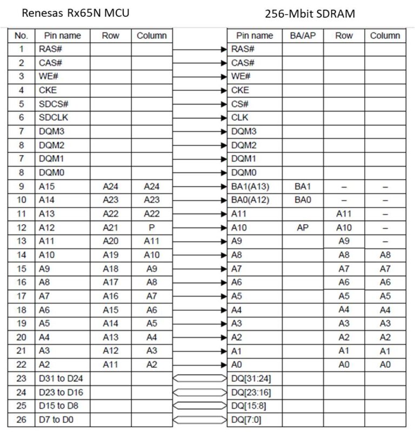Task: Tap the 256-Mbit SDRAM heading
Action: [310, 13]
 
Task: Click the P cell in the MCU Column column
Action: [152, 228]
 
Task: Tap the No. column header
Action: [21, 36]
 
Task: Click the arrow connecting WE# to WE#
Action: [199, 77]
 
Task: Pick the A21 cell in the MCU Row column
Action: [111, 228]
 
